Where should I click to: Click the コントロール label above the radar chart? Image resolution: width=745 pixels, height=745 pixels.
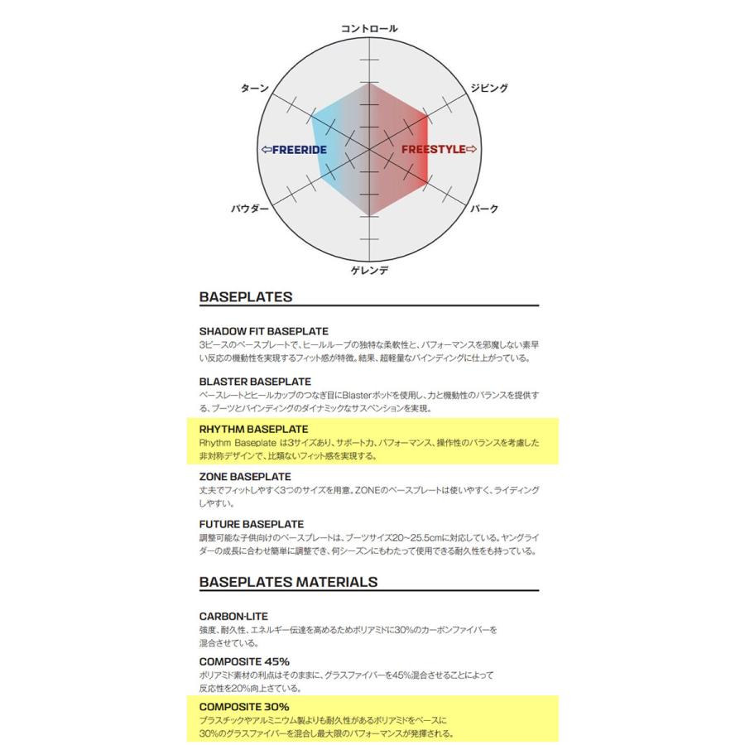(369, 29)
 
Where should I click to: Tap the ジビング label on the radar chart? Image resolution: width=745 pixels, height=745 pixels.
(489, 88)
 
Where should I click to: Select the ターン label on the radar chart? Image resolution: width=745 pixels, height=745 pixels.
(254, 88)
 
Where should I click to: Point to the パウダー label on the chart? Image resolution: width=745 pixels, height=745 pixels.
(250, 209)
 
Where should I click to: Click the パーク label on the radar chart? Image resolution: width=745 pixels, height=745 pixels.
(484, 209)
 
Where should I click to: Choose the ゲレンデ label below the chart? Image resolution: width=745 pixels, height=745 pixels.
(369, 270)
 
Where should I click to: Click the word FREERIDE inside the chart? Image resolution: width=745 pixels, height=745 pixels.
(298, 150)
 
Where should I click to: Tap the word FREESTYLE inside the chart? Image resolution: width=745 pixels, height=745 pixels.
(434, 150)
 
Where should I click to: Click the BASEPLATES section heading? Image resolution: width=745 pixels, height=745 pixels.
(246, 296)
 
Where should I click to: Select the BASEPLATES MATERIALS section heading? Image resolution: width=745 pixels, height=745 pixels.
(288, 582)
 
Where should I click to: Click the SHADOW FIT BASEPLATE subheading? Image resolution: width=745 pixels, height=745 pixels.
(264, 331)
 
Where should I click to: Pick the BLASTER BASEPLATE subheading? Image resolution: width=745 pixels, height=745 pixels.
(255, 382)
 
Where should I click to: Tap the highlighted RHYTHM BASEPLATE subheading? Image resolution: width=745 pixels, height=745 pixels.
(253, 430)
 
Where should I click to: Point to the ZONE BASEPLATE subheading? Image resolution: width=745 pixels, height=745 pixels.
(245, 477)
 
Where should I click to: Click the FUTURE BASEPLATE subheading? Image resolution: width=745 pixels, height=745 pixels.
(252, 524)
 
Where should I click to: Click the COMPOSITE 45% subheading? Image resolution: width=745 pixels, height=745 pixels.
(244, 661)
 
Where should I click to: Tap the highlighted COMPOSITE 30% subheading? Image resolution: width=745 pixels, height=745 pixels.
(244, 707)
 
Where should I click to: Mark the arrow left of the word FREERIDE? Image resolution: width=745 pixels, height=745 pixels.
(266, 150)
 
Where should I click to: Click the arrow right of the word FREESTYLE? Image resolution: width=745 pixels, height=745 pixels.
(472, 150)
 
